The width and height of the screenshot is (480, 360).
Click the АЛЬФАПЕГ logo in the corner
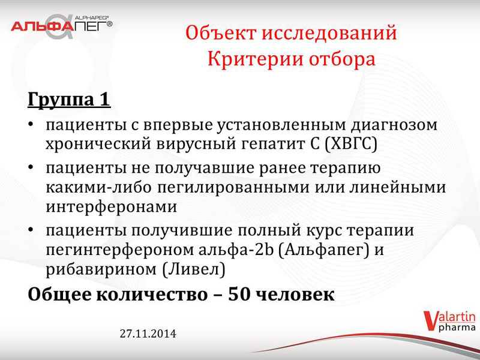[62, 26]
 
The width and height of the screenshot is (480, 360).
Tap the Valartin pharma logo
[449, 321]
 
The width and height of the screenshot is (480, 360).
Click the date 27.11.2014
[148, 334]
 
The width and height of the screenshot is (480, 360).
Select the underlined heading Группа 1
[69, 100]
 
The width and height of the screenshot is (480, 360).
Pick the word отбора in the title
[342, 59]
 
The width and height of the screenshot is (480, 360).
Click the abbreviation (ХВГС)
[350, 145]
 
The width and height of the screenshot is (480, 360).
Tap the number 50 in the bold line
[239, 295]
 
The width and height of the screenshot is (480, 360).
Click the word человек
[295, 295]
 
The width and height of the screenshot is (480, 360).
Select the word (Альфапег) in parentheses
[324, 250]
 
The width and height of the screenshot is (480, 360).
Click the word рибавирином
[101, 270]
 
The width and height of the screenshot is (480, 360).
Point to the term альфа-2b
[236, 250]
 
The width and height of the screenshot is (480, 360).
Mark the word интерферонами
[112, 207]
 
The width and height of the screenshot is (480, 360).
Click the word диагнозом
[394, 125]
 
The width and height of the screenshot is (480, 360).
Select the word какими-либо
[98, 187]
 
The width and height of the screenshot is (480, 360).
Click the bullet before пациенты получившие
[31, 230]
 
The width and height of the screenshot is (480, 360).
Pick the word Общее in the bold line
[60, 295]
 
